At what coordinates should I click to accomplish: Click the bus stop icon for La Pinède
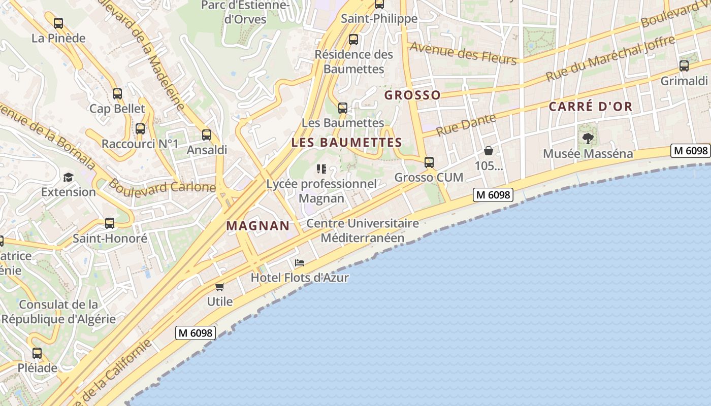[x=58, y=23]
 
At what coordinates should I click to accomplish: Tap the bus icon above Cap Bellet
[x=117, y=93]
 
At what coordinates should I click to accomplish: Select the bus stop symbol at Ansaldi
[x=206, y=135]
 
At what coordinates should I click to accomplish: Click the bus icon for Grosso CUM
[x=429, y=162]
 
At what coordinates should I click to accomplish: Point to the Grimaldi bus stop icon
[x=684, y=65]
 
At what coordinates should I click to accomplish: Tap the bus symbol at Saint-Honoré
[x=110, y=223]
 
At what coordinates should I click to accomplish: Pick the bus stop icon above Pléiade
[x=37, y=353]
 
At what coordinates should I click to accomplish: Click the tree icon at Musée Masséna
[x=588, y=138]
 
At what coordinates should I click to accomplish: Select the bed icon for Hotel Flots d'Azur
[x=300, y=263]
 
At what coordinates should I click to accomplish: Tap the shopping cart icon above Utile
[x=220, y=287]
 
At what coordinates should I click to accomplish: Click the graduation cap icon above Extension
[x=68, y=177]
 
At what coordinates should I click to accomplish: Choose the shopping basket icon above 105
[x=489, y=151]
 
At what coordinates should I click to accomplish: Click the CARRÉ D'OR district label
[x=591, y=107]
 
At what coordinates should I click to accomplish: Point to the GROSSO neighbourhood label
[x=412, y=95]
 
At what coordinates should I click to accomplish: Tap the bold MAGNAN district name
[x=257, y=226]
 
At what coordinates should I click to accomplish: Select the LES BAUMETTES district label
[x=347, y=143]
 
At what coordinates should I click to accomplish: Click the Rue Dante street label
[x=466, y=124]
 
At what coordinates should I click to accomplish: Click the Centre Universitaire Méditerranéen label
[x=363, y=230]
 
